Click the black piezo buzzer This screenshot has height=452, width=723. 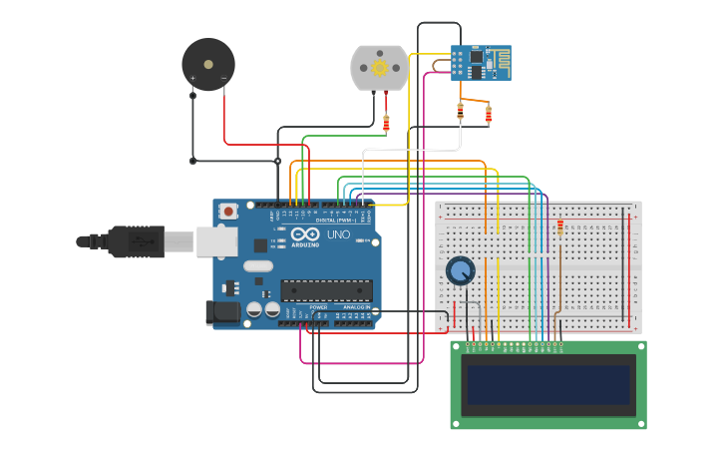tap(207, 64)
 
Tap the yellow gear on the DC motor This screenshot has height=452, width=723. tap(379, 68)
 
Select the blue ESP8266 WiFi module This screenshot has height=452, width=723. tap(480, 62)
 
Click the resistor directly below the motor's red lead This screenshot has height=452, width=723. tap(386, 124)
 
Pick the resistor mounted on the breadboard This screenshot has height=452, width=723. tap(560, 227)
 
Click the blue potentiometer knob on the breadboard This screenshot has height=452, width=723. tap(460, 270)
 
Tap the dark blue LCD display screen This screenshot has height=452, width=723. tap(548, 384)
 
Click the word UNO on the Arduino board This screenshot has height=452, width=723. tap(339, 234)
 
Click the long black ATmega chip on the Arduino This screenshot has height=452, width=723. tap(326, 290)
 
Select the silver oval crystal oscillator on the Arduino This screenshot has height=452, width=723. tap(257, 265)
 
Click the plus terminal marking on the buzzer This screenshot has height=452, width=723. tap(192, 77)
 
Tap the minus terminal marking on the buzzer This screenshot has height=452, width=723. tap(223, 77)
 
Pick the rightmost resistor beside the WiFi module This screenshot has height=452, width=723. tap(488, 115)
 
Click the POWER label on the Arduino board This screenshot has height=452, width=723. tap(318, 307)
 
